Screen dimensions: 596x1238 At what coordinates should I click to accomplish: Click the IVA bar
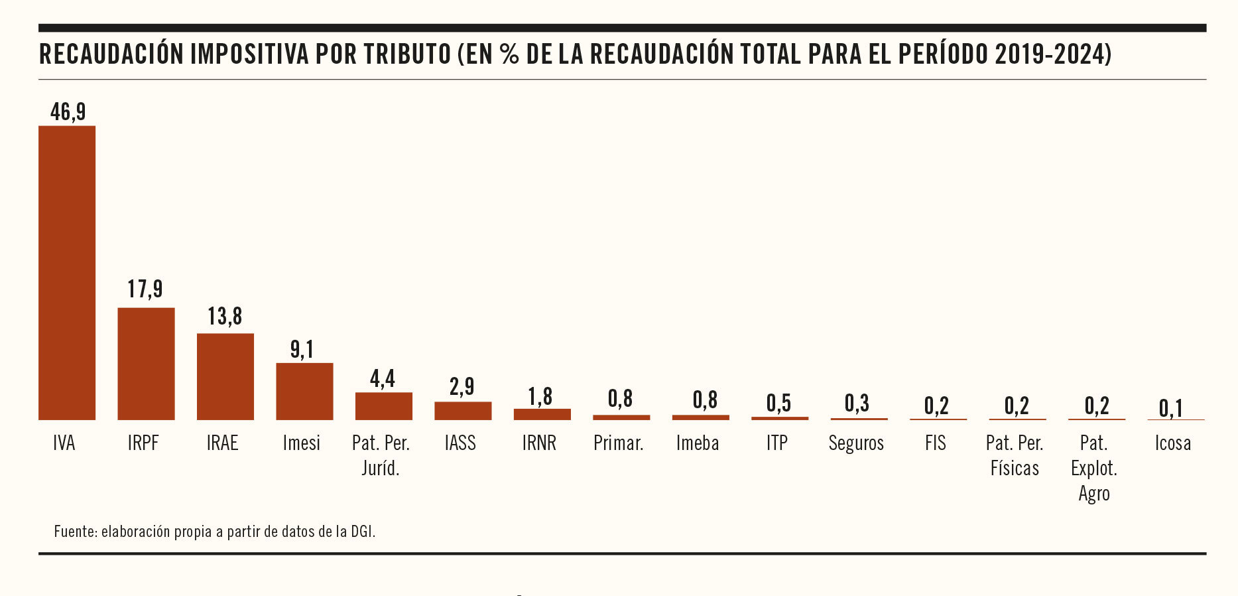coord(67,272)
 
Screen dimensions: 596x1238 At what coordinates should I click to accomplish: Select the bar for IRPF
coord(146,364)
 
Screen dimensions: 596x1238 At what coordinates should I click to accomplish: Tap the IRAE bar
coord(225,376)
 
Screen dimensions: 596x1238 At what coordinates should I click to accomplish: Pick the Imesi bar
coord(304,391)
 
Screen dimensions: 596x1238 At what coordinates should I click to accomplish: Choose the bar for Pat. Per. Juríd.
coord(384,406)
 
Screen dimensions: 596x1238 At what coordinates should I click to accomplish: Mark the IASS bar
coord(463,411)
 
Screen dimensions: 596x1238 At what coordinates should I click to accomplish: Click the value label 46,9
coord(68,112)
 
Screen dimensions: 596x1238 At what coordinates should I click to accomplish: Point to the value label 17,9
coord(145,289)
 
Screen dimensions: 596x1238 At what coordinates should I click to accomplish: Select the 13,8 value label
coord(225,317)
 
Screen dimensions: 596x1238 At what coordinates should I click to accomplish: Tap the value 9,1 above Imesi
coord(302,349)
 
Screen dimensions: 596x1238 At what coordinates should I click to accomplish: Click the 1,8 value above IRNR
coord(540,396)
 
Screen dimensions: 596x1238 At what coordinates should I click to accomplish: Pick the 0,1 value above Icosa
coord(1171,408)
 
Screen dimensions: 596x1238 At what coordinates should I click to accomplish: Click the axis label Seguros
coord(856,443)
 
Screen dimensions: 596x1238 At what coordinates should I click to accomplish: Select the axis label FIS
coord(936,443)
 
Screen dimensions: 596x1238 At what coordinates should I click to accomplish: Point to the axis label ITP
coord(777,443)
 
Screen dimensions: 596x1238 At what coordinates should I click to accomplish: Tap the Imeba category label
coord(698,443)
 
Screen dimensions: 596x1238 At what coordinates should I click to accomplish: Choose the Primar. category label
coord(619,443)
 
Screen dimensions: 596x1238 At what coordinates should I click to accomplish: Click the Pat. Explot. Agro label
coord(1094,468)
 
